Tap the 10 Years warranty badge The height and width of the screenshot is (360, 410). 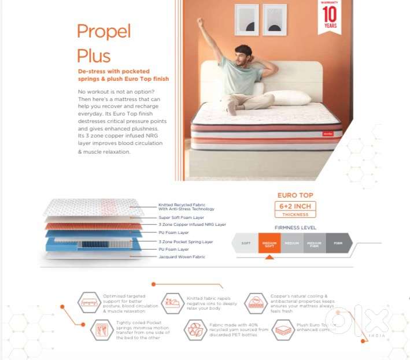pyautogui.click(x=329, y=18)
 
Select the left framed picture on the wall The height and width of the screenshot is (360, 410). pyautogui.click(x=246, y=20)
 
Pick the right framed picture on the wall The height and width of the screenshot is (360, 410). pyautogui.click(x=275, y=20)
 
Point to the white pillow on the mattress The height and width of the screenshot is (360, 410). pyautogui.click(x=287, y=97)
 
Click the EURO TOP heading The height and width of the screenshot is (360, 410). pyautogui.click(x=296, y=196)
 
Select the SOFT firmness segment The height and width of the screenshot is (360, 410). pyautogui.click(x=245, y=243)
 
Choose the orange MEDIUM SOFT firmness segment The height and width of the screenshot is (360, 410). pyautogui.click(x=269, y=243)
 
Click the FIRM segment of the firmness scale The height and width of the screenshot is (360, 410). pyautogui.click(x=338, y=243)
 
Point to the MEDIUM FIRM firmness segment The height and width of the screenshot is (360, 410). pyautogui.click(x=314, y=243)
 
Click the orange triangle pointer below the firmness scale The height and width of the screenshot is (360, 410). pyautogui.click(x=269, y=257)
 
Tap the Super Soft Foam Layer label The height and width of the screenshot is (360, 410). pyautogui.click(x=182, y=217)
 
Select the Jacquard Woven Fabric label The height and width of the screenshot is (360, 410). pyautogui.click(x=182, y=257)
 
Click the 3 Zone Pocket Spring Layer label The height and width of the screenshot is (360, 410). pyautogui.click(x=186, y=242)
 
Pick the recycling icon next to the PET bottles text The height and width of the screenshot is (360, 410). pyautogui.click(x=195, y=329)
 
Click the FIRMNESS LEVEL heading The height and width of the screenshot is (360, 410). pyautogui.click(x=295, y=228)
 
